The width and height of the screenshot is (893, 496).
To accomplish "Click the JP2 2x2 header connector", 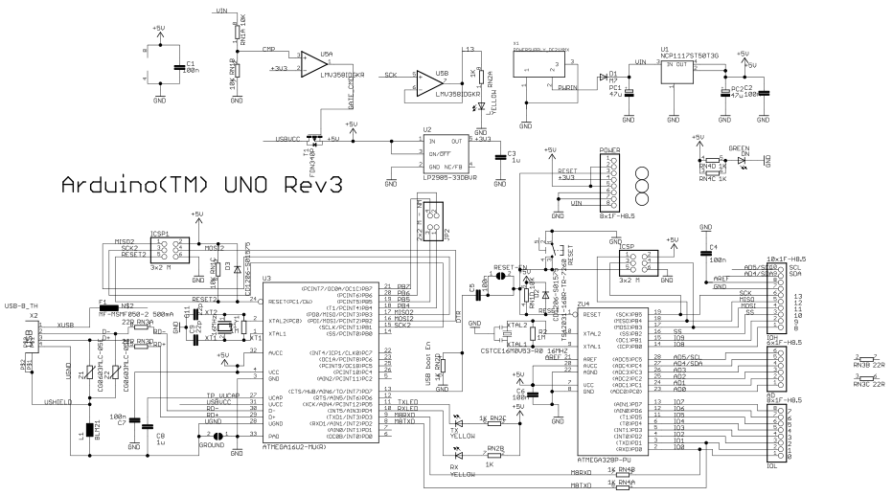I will (427, 228).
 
